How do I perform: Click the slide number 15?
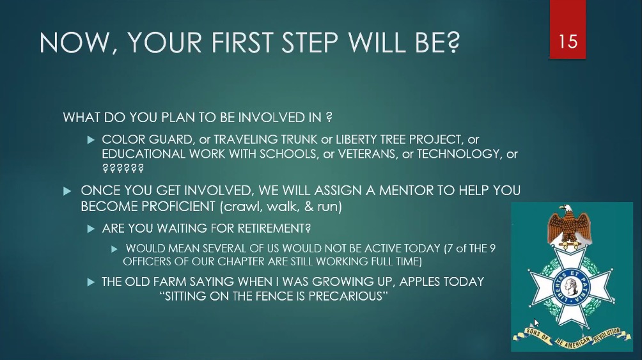click(568, 42)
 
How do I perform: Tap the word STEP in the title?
click(309, 42)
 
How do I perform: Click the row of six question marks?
click(123, 168)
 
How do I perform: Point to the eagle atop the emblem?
click(568, 224)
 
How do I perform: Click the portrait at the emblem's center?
click(571, 285)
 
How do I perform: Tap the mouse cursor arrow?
click(536, 323)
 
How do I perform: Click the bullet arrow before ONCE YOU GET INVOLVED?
click(67, 191)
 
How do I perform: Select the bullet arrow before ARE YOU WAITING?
click(91, 228)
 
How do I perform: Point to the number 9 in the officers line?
click(492, 248)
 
